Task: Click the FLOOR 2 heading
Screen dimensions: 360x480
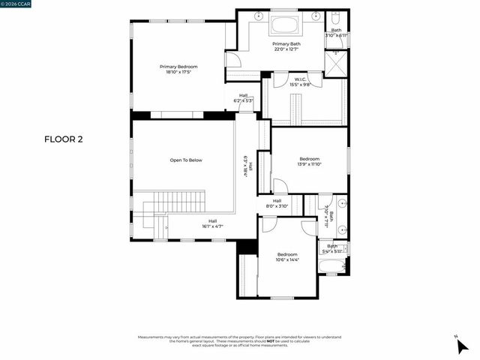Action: tap(64, 139)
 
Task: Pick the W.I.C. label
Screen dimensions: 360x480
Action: tap(300, 80)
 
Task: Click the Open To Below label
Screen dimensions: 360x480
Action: tap(185, 160)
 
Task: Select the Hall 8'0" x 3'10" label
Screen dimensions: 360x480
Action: tap(277, 203)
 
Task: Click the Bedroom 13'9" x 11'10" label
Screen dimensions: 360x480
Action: tap(310, 161)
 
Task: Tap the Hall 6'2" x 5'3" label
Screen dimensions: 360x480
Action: tap(244, 97)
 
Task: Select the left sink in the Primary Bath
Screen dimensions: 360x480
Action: tap(259, 16)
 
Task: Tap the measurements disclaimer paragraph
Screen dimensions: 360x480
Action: tap(240, 340)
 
